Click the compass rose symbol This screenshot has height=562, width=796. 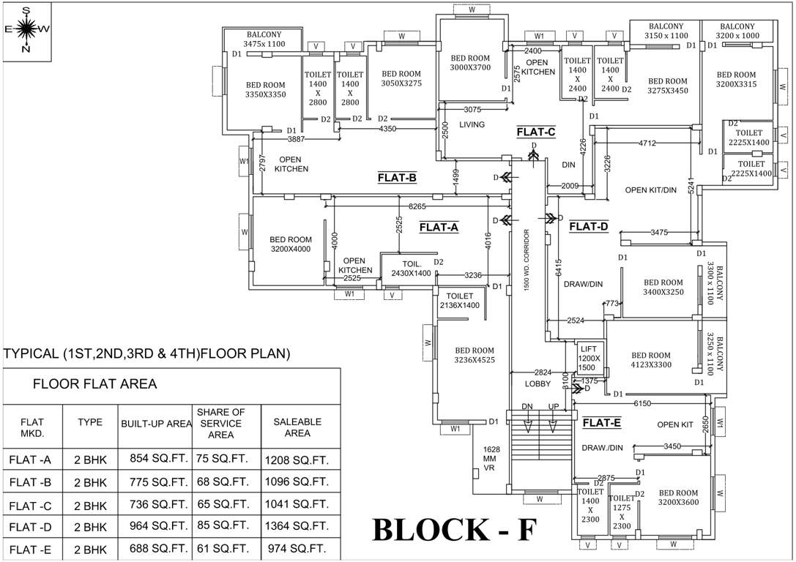(x=26, y=29)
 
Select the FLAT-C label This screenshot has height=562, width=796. (x=536, y=132)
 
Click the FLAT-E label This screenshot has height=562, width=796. (x=602, y=423)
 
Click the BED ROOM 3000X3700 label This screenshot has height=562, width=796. (x=470, y=63)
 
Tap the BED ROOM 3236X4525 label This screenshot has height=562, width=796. (x=475, y=355)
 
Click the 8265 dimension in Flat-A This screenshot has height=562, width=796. (x=418, y=207)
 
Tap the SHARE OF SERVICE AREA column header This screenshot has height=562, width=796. (x=220, y=424)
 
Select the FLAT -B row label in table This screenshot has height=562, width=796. (x=31, y=483)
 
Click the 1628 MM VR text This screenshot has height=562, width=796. (x=490, y=459)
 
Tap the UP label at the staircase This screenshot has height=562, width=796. (x=554, y=406)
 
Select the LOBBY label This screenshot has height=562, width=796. (x=538, y=384)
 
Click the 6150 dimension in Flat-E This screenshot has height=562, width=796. (x=642, y=403)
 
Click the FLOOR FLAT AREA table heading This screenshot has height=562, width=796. (x=95, y=383)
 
